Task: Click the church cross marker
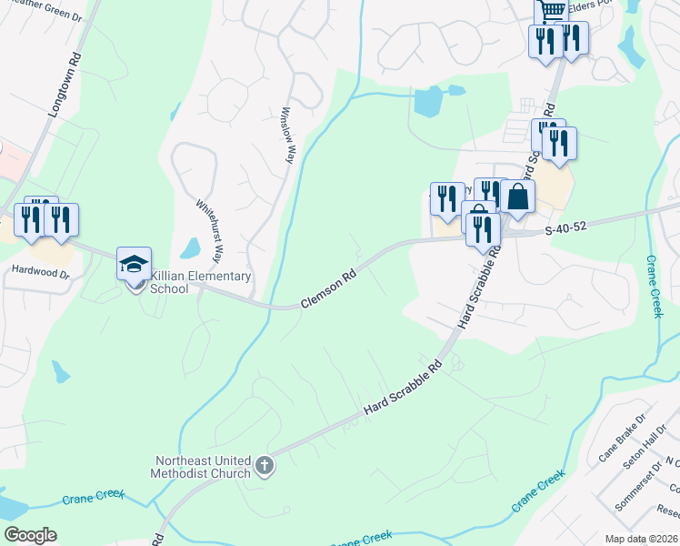(x=265, y=467)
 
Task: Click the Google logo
(x=30, y=535)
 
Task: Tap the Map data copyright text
(x=641, y=539)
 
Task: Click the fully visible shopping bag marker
(x=517, y=197)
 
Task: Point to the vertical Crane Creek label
(x=655, y=286)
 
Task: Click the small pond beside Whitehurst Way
(x=190, y=248)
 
